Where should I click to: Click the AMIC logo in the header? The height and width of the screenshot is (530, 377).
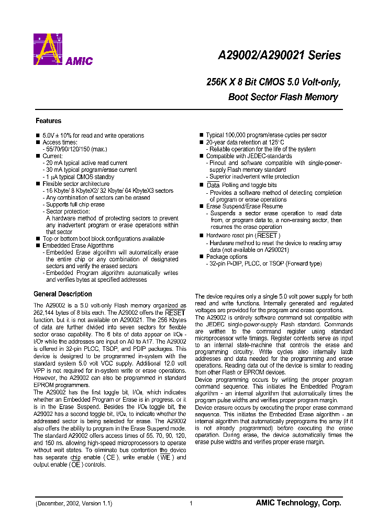62,49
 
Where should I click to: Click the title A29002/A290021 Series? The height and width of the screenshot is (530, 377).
279,56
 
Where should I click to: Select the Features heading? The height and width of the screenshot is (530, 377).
48,121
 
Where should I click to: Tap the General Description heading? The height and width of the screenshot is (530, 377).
62,294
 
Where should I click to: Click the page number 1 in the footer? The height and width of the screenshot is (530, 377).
191,503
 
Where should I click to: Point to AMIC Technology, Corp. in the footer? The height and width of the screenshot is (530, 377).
298,503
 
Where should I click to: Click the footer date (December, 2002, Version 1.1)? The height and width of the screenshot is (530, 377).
74,503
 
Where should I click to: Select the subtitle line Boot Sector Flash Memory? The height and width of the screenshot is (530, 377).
283,97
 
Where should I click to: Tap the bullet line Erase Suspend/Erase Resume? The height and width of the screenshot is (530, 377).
244,206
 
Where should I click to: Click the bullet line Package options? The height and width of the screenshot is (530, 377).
226,257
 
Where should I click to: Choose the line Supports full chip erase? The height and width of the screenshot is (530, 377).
75,205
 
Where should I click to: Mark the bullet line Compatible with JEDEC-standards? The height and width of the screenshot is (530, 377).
249,156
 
